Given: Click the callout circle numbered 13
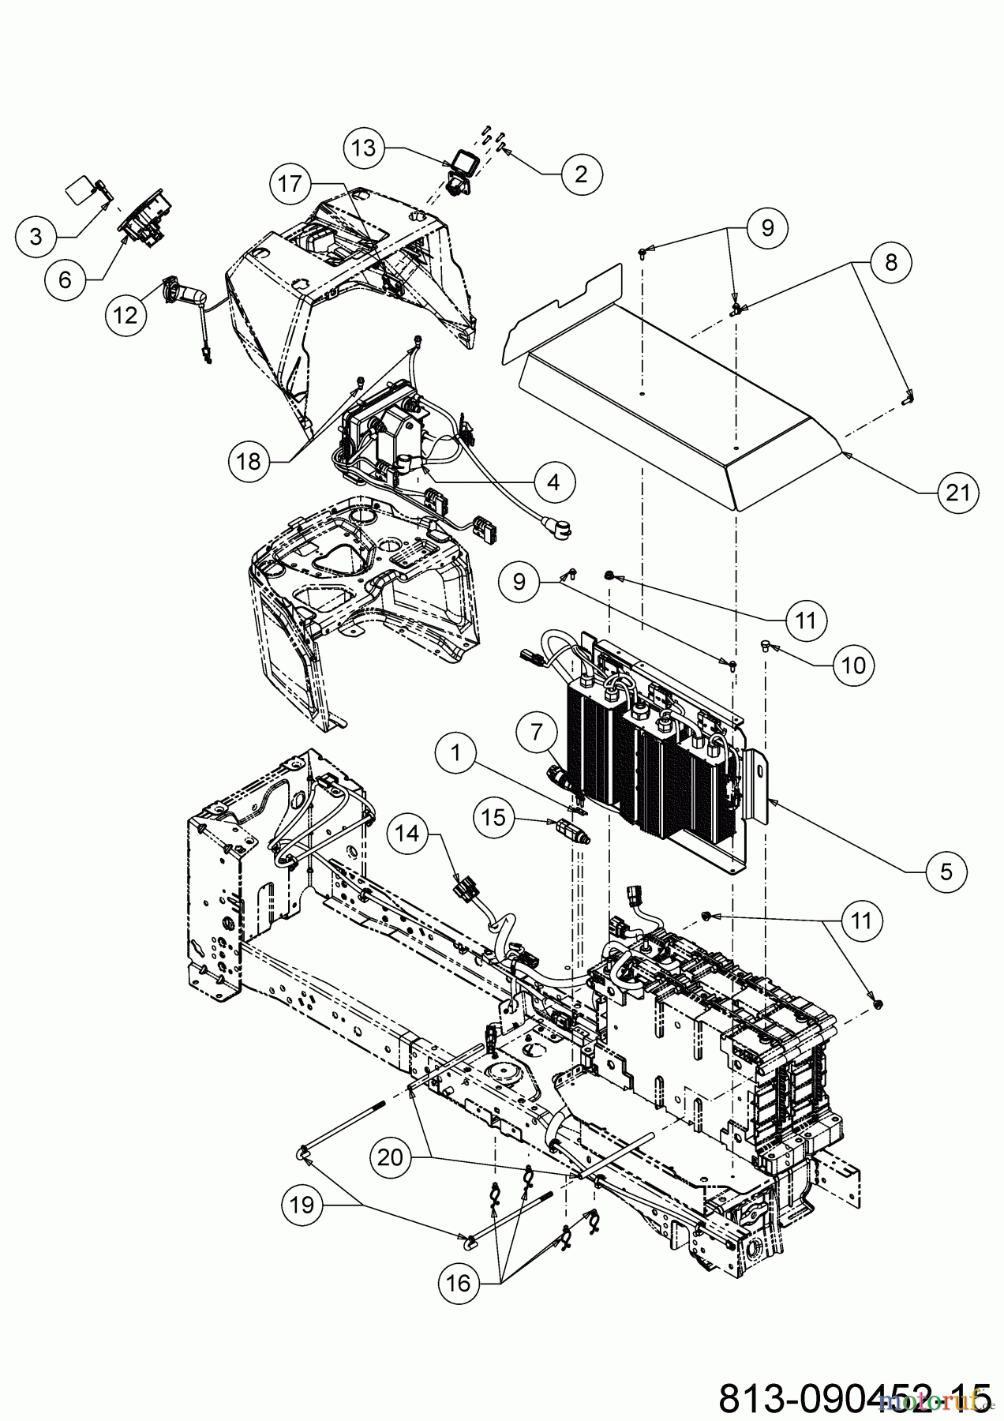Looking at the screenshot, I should [x=364, y=148].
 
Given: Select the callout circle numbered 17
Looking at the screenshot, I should [x=290, y=184].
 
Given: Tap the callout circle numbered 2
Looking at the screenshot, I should [x=581, y=174].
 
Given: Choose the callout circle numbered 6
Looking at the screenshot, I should [x=65, y=278].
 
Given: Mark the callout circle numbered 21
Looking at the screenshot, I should [x=957, y=493].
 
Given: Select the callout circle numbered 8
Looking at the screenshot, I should [x=891, y=261].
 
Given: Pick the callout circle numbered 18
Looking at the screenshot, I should [x=249, y=462].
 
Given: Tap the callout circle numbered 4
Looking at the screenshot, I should [x=553, y=481].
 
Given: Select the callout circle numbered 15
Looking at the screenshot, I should [x=493, y=817].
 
